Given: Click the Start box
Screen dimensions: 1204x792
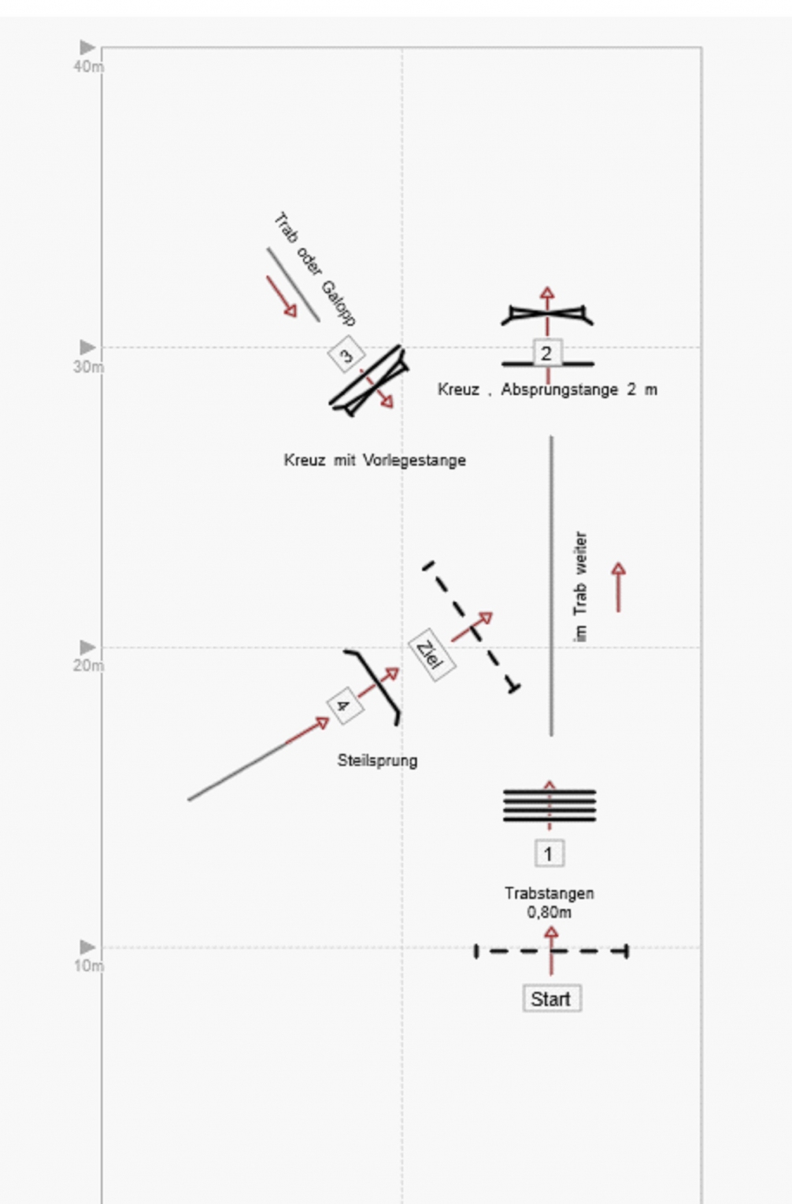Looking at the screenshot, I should click(x=551, y=999).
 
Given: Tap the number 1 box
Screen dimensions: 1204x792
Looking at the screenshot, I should click(x=549, y=854).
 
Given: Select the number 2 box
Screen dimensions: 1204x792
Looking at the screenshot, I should click(x=546, y=353).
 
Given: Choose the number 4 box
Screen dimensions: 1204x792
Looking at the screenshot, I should click(x=344, y=705).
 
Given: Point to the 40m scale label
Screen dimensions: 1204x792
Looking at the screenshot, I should click(x=88, y=67).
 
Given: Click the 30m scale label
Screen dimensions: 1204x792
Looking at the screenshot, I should click(x=88, y=367).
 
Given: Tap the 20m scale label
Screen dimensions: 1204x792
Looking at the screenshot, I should click(x=88, y=666).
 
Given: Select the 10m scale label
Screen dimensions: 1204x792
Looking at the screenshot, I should click(x=88, y=966).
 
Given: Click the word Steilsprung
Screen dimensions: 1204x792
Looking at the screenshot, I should click(x=377, y=761).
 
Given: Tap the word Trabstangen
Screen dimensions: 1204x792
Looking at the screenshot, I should click(x=549, y=893).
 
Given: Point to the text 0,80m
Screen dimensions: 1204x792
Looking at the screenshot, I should click(x=549, y=913).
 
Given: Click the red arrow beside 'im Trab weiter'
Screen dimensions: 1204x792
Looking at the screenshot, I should click(x=619, y=587).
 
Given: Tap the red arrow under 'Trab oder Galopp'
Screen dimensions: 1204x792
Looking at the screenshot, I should click(x=282, y=297).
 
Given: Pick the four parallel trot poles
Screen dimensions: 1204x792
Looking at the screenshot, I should click(x=549, y=805).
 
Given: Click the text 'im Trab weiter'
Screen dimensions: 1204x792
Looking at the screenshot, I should click(x=580, y=587).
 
